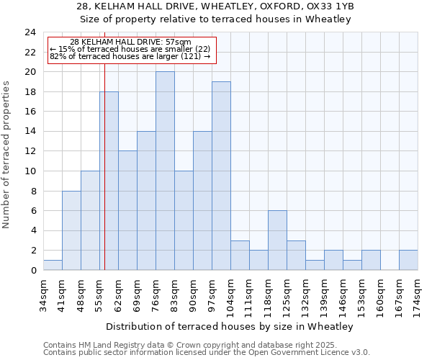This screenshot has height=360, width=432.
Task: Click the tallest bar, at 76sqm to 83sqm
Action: [165, 171]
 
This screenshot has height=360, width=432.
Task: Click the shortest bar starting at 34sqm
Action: [53, 265]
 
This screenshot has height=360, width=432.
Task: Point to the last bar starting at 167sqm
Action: [408, 260]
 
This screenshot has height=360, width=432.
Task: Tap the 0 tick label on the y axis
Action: [33, 271]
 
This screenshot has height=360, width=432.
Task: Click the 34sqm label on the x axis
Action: [44, 294]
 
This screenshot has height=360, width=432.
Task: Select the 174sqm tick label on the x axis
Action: [418, 296]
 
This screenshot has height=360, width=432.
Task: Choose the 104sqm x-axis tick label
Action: [231, 296]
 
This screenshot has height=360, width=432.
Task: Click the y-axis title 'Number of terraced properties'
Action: [7, 154]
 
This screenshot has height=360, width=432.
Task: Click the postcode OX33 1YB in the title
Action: [328, 6]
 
